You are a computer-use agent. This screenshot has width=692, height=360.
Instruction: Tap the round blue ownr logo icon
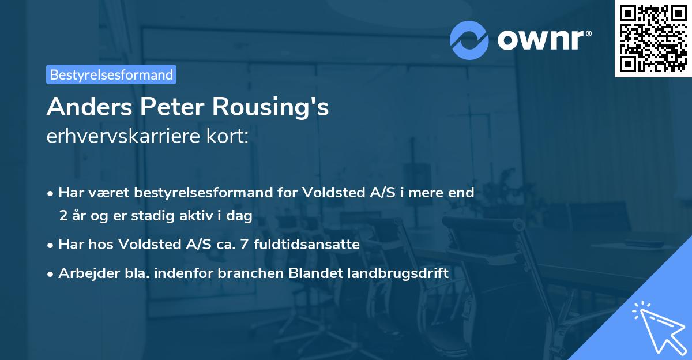469,40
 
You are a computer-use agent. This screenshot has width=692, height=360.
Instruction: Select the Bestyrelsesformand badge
111,74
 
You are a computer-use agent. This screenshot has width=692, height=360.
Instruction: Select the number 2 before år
62,216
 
